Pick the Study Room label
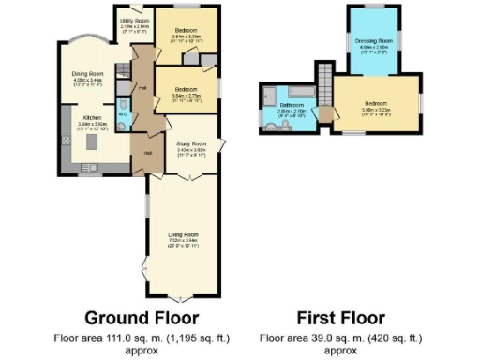(190, 144)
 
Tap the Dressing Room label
(372, 41)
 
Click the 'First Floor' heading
(341, 317)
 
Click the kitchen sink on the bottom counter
(82, 172)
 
